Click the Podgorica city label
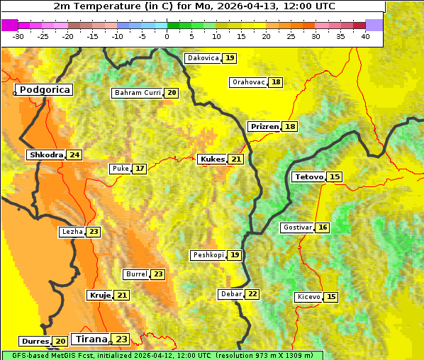45,90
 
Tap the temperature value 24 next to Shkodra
74,154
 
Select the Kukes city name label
212,159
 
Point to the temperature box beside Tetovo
335,176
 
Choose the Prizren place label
264,126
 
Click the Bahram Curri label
138,93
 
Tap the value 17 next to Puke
140,169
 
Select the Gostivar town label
297,227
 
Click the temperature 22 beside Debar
252,294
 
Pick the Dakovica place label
203,58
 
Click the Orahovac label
248,82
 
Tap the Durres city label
35,342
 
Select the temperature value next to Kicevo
331,297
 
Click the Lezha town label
72,232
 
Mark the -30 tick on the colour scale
18,36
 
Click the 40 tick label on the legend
365,36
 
